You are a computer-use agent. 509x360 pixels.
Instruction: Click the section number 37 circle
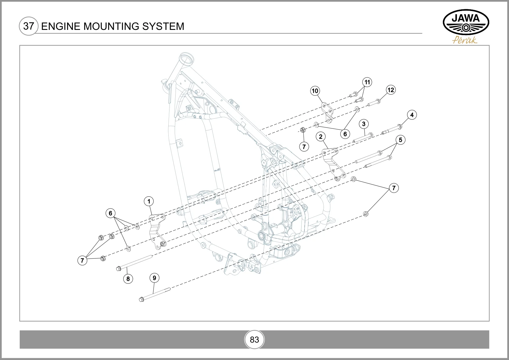click(28, 26)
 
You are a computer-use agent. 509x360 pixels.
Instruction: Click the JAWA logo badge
click(466, 23)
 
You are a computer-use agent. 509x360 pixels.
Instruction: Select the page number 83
click(255, 340)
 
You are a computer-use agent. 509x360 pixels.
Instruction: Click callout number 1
click(149, 201)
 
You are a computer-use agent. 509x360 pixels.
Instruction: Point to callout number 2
click(321, 137)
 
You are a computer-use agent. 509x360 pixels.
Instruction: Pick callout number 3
click(364, 124)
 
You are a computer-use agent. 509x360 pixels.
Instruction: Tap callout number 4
click(412, 115)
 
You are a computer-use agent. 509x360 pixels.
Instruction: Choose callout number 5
click(400, 140)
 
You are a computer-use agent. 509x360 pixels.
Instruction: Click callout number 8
click(128, 279)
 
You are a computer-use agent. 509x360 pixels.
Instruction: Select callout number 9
click(154, 278)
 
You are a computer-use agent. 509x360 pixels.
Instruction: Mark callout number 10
click(315, 91)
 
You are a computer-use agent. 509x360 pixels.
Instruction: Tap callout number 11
click(367, 82)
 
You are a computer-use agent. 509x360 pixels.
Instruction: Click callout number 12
click(391, 90)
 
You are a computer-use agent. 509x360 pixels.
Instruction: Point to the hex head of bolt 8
click(118, 269)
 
